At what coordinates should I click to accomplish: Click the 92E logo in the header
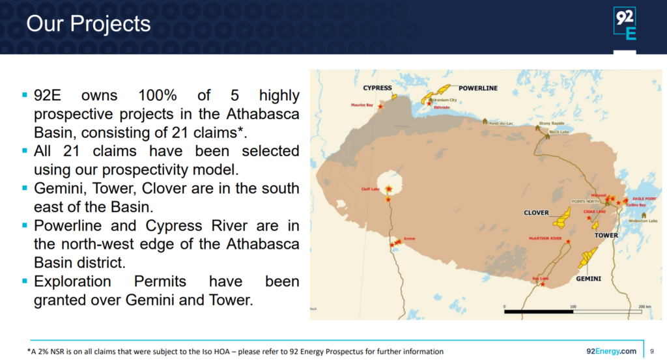[x=625, y=24]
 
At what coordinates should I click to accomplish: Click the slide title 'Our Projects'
[x=88, y=24]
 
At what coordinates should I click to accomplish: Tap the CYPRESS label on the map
[x=378, y=88]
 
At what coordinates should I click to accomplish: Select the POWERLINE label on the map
[x=478, y=88]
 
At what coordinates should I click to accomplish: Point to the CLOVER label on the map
[x=536, y=213]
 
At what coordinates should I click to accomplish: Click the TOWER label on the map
[x=606, y=235]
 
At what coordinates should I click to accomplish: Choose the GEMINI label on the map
[x=588, y=279]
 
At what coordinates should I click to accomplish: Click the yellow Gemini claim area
[x=588, y=257]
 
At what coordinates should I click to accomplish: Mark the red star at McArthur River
[x=568, y=242]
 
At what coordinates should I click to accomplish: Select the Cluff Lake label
[x=370, y=189]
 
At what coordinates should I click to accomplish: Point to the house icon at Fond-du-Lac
[x=485, y=121]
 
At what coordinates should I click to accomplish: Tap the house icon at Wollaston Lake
[x=644, y=215]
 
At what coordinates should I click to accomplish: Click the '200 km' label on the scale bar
[x=645, y=306]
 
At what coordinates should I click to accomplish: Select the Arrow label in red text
[x=409, y=239]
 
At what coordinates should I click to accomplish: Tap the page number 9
[x=653, y=352]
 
